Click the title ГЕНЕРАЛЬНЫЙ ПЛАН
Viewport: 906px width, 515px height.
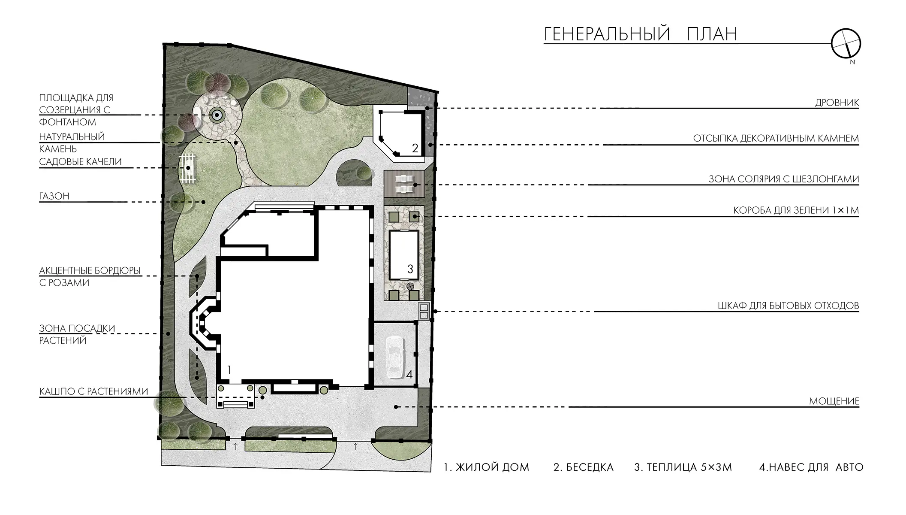(x=641, y=34)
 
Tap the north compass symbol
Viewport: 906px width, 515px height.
(x=846, y=44)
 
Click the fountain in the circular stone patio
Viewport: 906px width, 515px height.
(x=217, y=115)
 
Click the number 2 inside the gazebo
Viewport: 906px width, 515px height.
(x=415, y=148)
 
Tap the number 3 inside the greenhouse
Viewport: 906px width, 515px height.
(x=410, y=269)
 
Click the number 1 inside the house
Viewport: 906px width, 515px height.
(x=229, y=370)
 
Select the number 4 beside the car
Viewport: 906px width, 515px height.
(x=409, y=375)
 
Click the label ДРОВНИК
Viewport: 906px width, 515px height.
(x=837, y=103)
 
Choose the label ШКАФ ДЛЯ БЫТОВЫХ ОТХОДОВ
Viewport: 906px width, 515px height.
(x=788, y=306)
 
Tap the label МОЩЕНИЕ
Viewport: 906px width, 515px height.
(x=834, y=401)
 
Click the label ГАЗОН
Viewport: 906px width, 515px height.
(x=54, y=196)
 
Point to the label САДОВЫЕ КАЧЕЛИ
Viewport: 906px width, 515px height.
(x=81, y=162)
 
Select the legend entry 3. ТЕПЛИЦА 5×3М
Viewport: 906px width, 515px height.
(x=683, y=467)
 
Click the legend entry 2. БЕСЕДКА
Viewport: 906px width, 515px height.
(x=583, y=467)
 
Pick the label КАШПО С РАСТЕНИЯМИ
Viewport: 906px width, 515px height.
(x=93, y=391)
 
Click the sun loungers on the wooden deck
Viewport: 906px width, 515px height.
(x=404, y=184)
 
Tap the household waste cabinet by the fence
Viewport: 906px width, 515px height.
(x=424, y=311)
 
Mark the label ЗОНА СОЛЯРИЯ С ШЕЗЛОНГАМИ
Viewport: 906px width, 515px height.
(x=784, y=179)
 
